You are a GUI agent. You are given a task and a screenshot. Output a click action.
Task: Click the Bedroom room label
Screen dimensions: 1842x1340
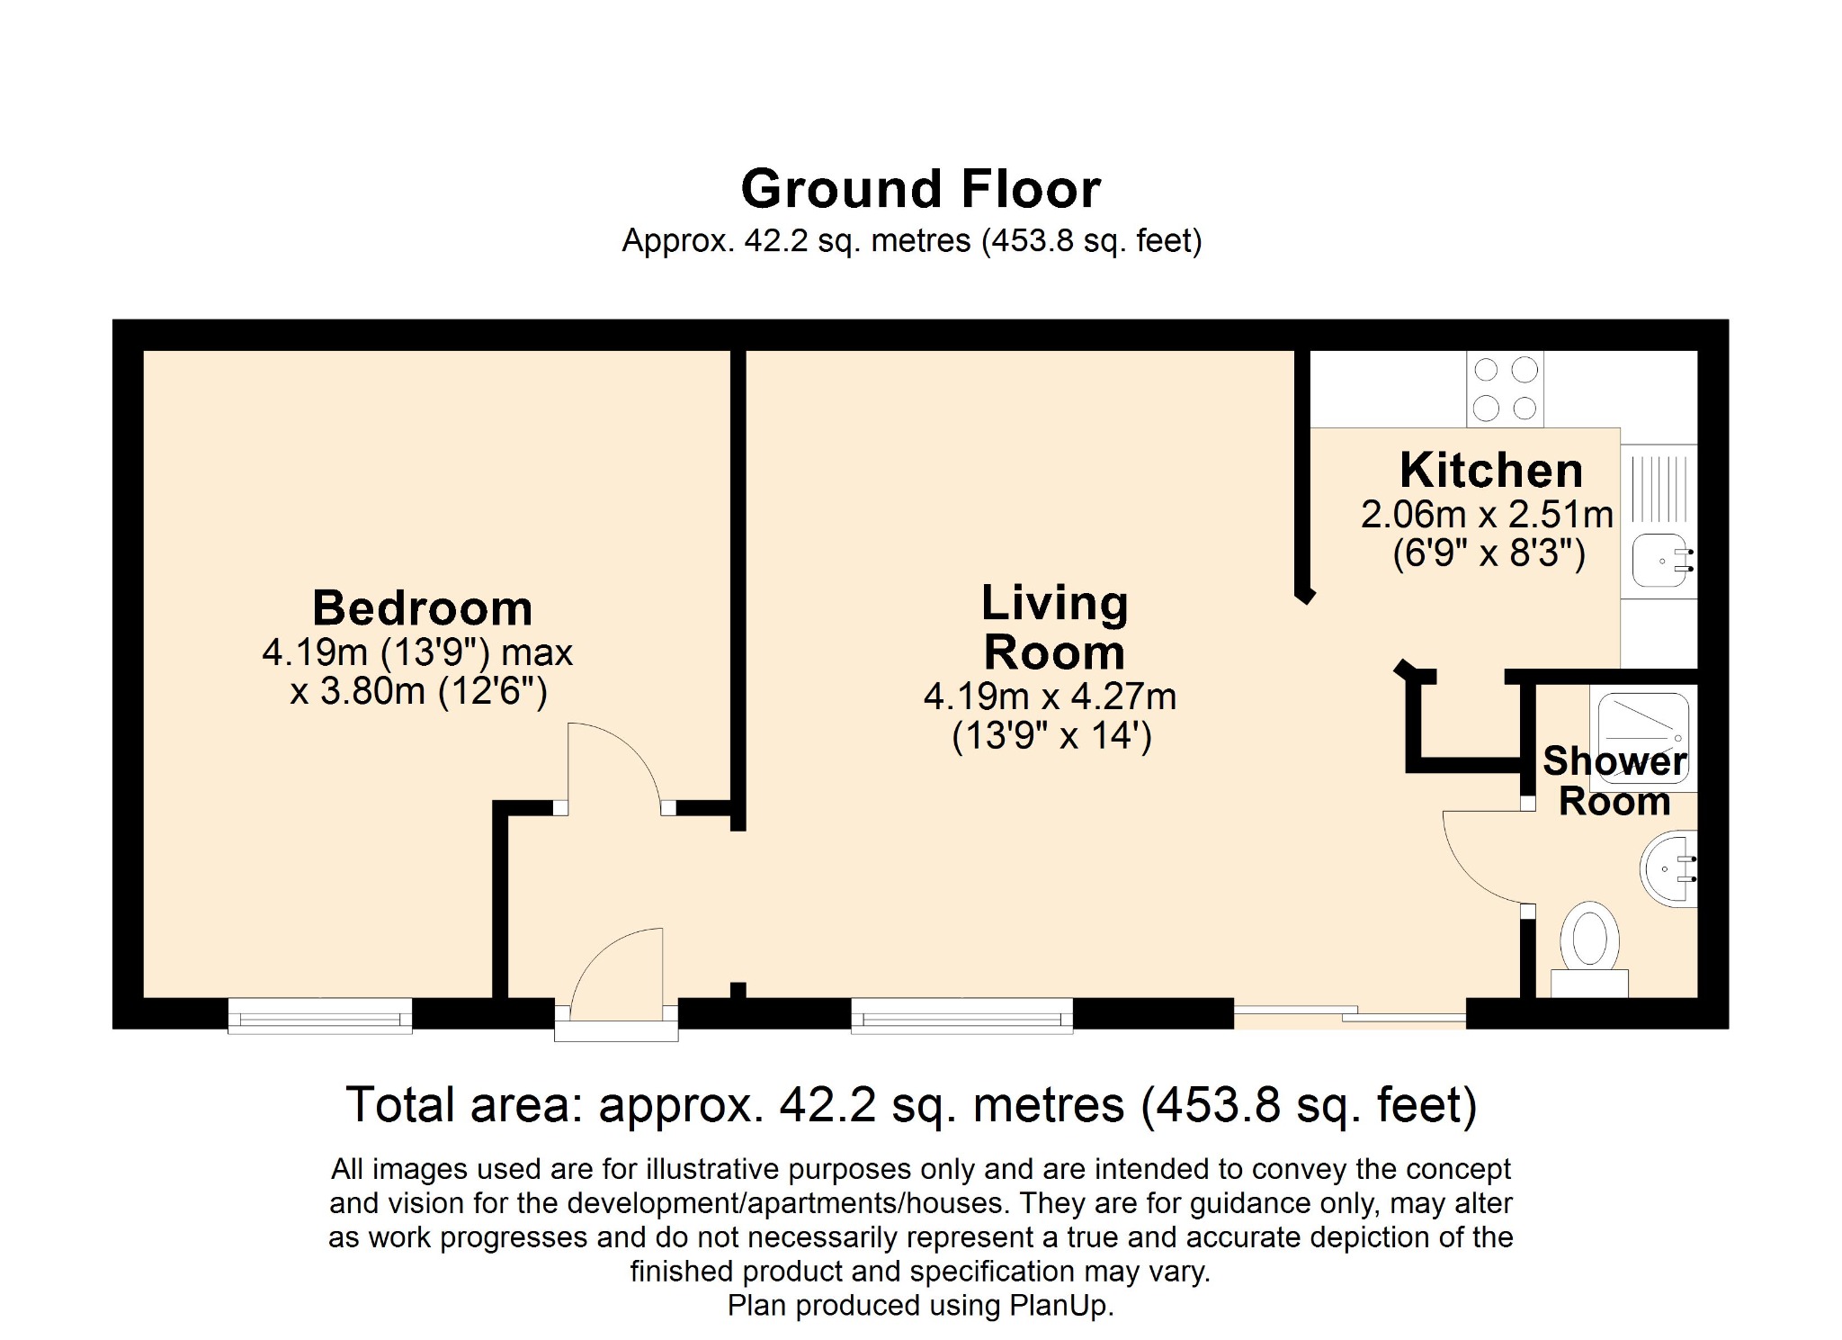tap(422, 608)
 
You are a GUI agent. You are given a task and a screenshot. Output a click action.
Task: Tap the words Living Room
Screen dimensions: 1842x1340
tap(1054, 627)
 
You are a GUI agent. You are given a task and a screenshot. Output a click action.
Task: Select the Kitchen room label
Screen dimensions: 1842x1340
tap(1490, 470)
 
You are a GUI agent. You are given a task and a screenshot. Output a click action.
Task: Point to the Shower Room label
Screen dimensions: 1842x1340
tap(1614, 780)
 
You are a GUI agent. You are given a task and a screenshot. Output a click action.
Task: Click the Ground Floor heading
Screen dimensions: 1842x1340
tap(920, 189)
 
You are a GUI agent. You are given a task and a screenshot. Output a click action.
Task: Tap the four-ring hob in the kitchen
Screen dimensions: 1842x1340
tap(1505, 389)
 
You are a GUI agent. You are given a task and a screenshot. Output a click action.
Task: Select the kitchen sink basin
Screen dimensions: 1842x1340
tap(1663, 560)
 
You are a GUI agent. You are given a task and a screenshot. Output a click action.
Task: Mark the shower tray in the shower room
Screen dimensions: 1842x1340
tap(1643, 739)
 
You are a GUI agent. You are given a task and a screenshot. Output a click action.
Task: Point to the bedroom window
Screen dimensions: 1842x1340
tap(320, 1014)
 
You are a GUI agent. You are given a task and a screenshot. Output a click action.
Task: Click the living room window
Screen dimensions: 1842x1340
tap(962, 1014)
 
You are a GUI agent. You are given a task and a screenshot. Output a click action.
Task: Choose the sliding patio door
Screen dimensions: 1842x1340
tap(1350, 1014)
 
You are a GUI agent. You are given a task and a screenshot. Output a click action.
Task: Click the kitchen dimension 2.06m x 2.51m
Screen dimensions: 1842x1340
tap(1487, 515)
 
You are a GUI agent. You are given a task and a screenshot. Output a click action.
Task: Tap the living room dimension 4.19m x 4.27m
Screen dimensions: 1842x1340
tap(1050, 697)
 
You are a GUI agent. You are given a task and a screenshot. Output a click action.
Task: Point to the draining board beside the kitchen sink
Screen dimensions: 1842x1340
tap(1660, 489)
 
